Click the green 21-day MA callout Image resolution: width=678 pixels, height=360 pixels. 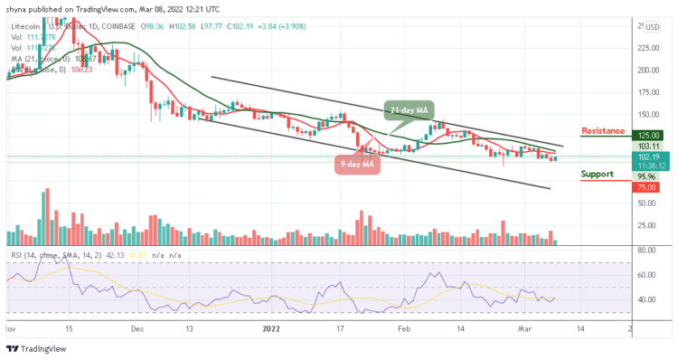tap(408, 110)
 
